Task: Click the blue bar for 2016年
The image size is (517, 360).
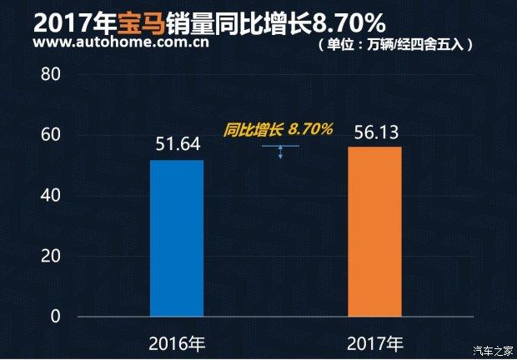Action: tap(177, 237)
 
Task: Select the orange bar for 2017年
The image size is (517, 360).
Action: tap(374, 232)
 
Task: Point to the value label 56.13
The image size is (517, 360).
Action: tap(375, 132)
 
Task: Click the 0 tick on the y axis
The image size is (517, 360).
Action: tap(56, 317)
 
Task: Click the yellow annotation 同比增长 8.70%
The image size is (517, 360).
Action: tap(279, 129)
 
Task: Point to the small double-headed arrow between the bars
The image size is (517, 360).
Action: tap(281, 152)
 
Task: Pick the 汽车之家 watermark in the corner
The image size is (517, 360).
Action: tap(493, 349)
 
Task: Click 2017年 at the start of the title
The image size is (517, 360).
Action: tap(68, 18)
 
